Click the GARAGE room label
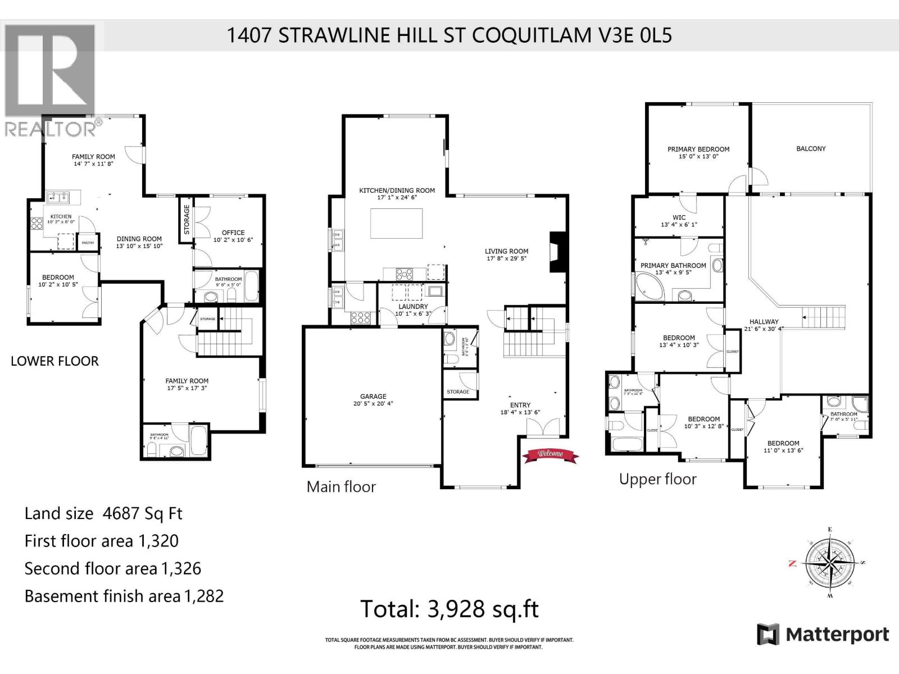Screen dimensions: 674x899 coord(373,396)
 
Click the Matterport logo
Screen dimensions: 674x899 coord(823,635)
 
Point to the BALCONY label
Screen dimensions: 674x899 coord(811,149)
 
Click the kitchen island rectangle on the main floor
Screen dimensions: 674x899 coord(396,224)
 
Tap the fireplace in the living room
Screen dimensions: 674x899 coord(557,252)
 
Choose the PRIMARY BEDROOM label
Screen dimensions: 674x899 coord(698,149)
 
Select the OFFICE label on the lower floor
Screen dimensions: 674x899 coord(233,233)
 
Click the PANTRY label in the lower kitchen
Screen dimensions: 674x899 coord(88,243)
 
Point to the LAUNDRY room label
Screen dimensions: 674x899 coord(413,307)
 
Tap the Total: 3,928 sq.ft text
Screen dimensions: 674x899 coord(449,609)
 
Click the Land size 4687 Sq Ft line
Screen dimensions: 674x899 coord(103,513)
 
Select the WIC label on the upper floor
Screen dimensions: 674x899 coord(679,217)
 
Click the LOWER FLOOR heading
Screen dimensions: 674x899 coord(55,361)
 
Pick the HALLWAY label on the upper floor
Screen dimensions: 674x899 coord(764,322)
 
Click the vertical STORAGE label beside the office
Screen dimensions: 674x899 coord(187,220)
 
